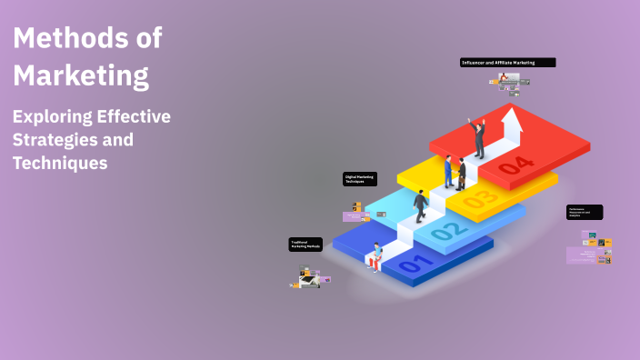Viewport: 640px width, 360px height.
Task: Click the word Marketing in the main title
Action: pos(81,76)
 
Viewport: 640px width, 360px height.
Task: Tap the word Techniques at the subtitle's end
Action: pos(60,163)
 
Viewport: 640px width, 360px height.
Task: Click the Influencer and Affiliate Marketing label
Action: pos(507,63)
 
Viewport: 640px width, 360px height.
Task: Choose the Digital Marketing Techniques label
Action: pos(360,179)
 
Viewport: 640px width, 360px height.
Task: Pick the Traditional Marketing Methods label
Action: pos(306,245)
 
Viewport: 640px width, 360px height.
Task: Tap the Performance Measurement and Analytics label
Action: pos(585,212)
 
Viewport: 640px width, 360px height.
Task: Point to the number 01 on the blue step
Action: pos(411,265)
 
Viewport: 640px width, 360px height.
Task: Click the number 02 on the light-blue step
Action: pos(445,231)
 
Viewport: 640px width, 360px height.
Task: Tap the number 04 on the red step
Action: pos(516,165)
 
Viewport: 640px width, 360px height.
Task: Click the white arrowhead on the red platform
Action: pos(513,117)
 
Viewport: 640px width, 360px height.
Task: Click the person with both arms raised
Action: pos(478,137)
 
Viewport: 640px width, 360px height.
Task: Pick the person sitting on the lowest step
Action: pos(374,258)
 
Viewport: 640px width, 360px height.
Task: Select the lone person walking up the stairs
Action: pos(421,205)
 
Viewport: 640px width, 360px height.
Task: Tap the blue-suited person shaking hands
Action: pos(448,171)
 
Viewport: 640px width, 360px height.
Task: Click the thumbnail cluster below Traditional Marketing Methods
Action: pos(311,278)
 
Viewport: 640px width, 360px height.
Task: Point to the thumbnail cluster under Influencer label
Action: pos(508,84)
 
